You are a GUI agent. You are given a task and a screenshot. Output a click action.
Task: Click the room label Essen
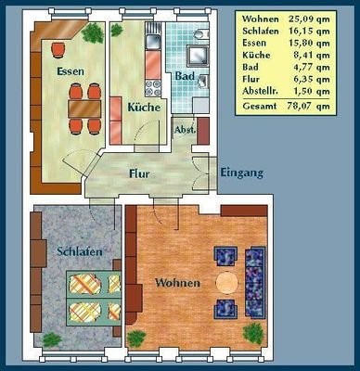(71, 71)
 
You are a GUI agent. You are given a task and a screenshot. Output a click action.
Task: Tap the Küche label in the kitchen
(144, 108)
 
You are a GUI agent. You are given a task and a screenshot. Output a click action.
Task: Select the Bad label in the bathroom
(185, 76)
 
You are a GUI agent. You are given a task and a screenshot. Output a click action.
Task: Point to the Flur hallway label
(139, 173)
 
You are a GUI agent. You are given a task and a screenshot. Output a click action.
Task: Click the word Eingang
(241, 173)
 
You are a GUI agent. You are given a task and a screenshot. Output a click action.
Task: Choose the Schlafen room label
(80, 251)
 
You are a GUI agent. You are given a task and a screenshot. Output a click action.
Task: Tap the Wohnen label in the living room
(177, 283)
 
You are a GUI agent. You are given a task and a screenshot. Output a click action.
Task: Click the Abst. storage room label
(185, 130)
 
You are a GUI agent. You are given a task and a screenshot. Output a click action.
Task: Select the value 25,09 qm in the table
(309, 19)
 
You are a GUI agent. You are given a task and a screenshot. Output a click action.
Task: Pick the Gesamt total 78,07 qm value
(309, 106)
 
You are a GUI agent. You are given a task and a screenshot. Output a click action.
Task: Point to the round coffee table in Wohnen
(227, 283)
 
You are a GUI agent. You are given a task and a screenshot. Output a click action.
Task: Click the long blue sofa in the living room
(255, 282)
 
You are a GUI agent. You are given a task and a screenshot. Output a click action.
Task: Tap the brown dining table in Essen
(84, 109)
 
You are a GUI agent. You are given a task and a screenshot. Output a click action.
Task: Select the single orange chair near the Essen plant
(58, 49)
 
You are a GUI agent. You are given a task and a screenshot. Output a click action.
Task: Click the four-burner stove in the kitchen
(153, 88)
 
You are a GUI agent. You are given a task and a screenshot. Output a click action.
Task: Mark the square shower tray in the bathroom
(199, 56)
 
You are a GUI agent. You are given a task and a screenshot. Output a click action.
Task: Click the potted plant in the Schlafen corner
(52, 339)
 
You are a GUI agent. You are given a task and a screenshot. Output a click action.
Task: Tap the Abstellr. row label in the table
(260, 92)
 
